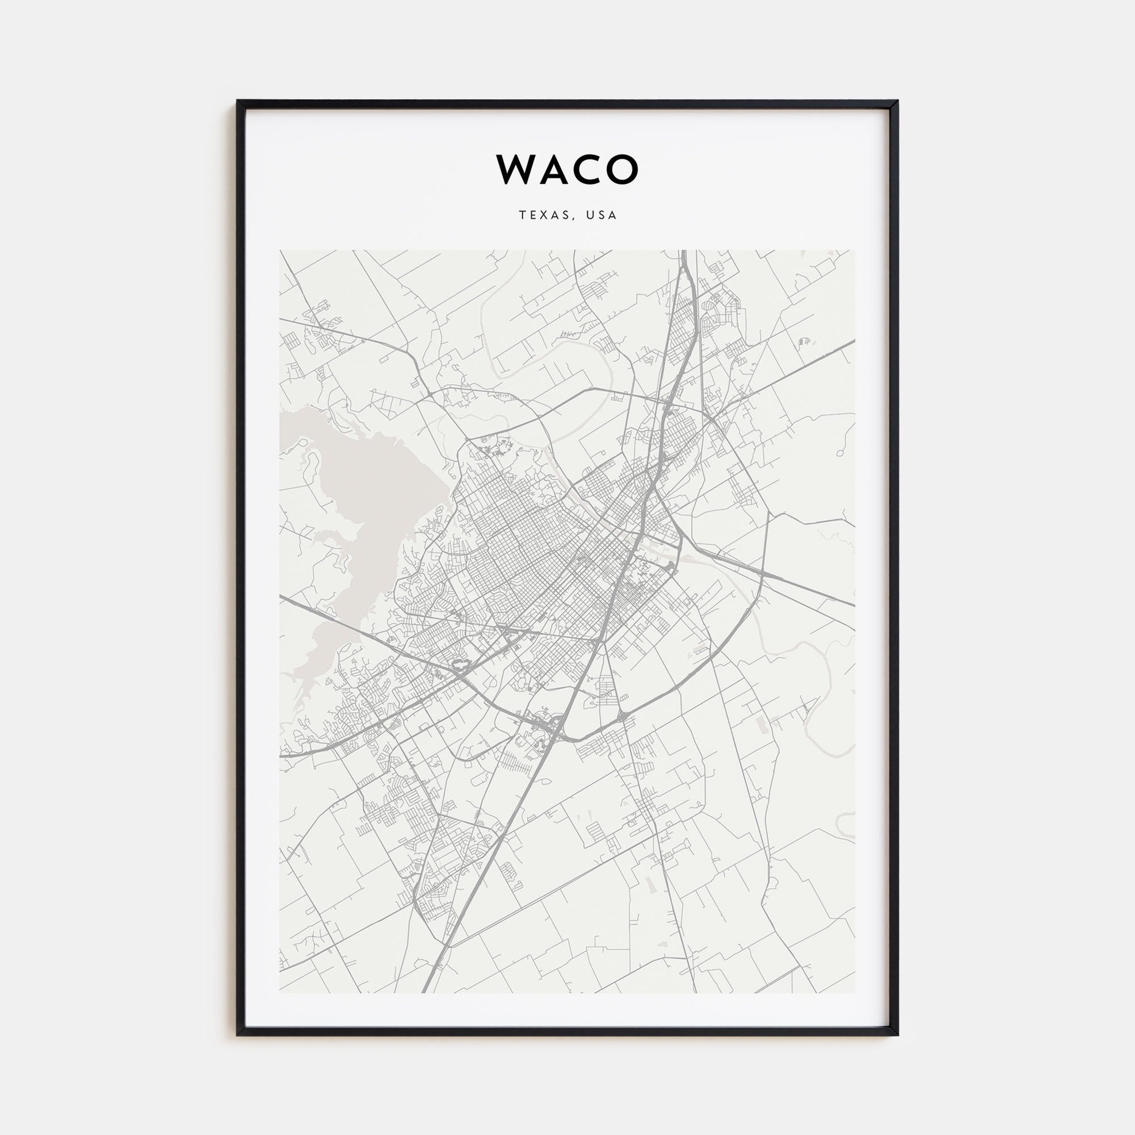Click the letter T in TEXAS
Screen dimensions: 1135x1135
522,216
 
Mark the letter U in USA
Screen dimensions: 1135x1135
589,216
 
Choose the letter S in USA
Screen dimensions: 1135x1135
602,216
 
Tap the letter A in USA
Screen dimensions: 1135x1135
613,216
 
